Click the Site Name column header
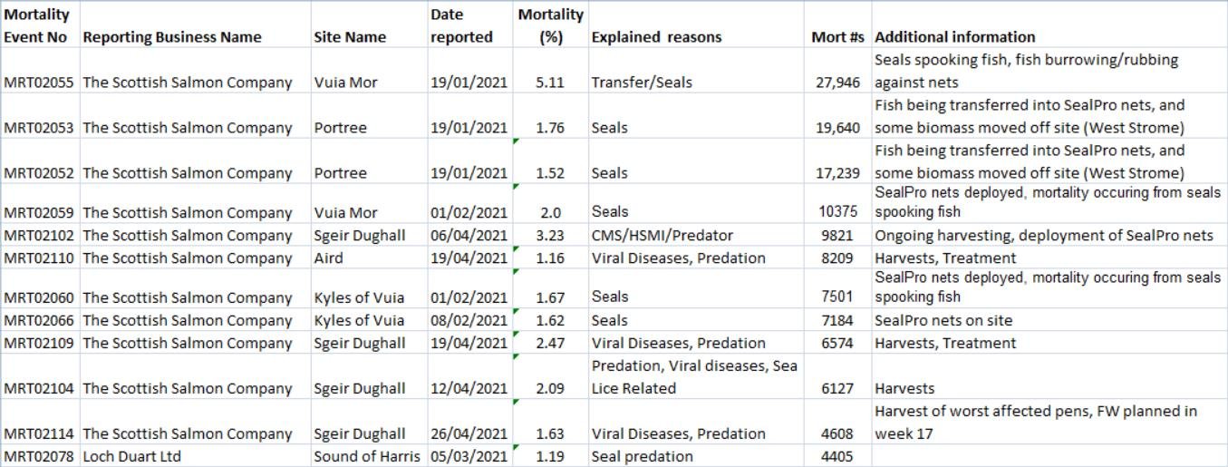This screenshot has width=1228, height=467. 350,37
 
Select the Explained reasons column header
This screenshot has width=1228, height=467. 656,37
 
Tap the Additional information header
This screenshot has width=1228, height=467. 955,37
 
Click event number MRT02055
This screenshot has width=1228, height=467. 39,83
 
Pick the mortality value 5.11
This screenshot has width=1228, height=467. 549,83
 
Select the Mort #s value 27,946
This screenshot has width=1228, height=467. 837,83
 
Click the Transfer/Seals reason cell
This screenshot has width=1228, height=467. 642,83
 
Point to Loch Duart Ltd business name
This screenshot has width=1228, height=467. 131,456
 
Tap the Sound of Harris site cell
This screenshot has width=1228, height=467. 368,456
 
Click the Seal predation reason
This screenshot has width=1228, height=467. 642,456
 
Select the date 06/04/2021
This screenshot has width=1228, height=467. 469,236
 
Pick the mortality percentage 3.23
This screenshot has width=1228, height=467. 549,236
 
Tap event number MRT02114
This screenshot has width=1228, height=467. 39,433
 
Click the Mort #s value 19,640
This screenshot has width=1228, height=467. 837,128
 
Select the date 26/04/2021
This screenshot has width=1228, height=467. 469,433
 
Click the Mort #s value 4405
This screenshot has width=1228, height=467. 837,456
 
